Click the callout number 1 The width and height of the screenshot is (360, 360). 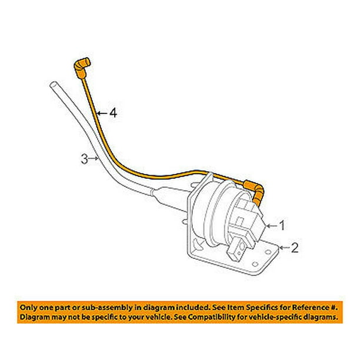pyautogui.click(x=282, y=224)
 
